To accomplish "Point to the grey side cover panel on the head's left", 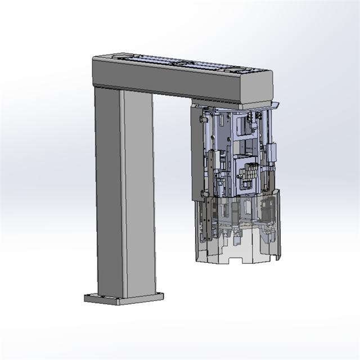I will pyautogui.click(x=196, y=152).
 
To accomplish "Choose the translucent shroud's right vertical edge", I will pyautogui.click(x=279, y=225).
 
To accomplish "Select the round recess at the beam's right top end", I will pyautogui.click(x=247, y=70).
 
